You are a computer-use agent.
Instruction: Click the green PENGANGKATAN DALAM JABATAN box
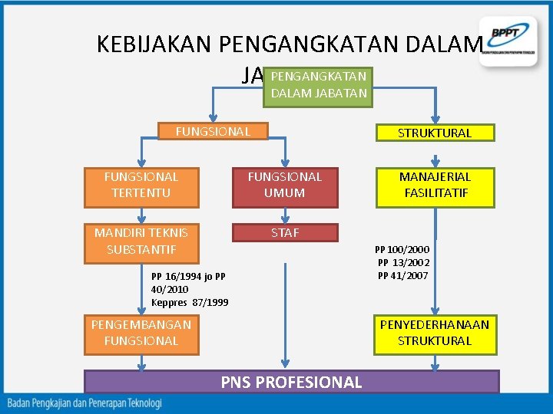318,85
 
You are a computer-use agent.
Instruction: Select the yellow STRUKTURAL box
435,133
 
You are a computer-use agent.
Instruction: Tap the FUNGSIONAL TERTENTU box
141,185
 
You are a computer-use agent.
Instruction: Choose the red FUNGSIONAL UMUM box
285,185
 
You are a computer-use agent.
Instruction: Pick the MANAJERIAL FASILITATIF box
435,185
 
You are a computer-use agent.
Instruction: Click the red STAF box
285,233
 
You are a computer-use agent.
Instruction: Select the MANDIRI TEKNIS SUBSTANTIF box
141,241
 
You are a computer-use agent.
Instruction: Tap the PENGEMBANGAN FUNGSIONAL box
141,333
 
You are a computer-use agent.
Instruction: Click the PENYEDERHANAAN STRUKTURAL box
435,333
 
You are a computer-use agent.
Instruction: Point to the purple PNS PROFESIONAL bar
291,382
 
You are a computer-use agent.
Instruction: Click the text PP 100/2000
402,249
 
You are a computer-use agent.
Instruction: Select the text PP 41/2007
403,276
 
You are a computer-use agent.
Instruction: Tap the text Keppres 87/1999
190,302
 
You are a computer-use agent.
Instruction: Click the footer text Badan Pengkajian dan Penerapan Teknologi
84,402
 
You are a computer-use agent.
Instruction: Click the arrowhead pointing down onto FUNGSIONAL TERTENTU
141,165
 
